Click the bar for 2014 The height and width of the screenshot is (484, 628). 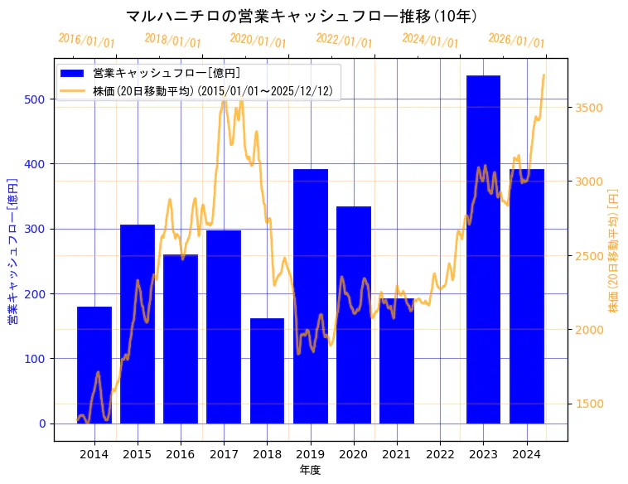[x=94, y=365]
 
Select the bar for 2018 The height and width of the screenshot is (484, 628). [x=267, y=370]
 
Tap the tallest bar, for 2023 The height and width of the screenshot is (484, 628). [x=483, y=249]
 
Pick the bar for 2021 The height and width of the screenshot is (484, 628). [x=397, y=361]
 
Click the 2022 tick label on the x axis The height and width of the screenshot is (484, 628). [x=440, y=453]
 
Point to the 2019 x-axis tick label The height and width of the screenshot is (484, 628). [x=310, y=453]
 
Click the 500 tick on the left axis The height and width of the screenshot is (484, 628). [x=38, y=99]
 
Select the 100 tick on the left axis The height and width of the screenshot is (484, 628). [x=38, y=359]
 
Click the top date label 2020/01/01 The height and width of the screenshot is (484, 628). [x=258, y=41]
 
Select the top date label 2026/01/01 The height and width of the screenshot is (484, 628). [x=517, y=41]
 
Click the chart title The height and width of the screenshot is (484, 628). [x=302, y=16]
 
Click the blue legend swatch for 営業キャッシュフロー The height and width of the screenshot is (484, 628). [x=74, y=73]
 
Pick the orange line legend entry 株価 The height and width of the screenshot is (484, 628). [x=74, y=90]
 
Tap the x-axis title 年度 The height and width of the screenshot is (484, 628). [x=310, y=470]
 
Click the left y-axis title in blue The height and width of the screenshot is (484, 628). [x=14, y=251]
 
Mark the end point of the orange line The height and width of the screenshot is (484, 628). [x=543, y=75]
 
